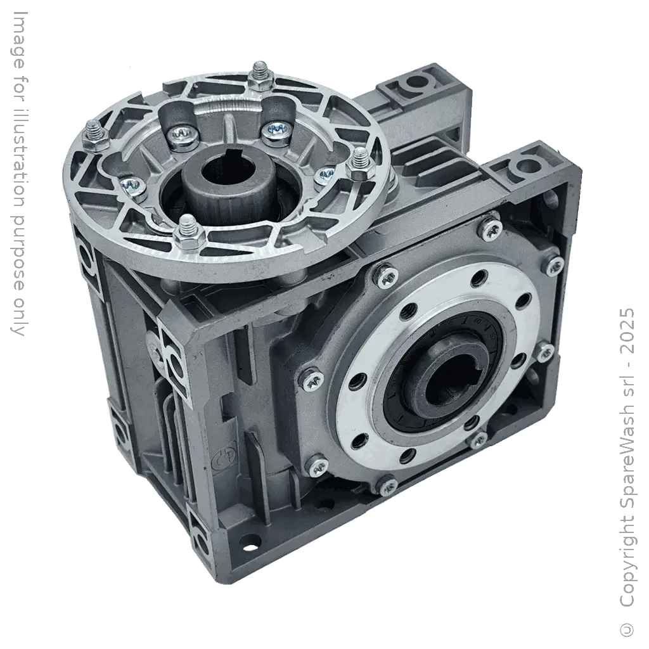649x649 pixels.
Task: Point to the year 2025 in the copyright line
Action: [627, 330]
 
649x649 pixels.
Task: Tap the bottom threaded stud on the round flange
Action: [188, 231]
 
